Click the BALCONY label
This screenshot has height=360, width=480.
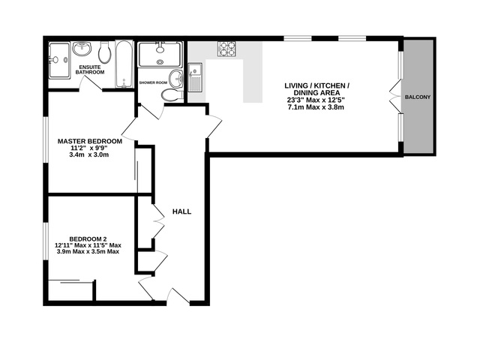coord(418,97)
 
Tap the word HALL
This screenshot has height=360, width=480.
coord(181,211)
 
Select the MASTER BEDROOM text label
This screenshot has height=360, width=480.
coord(91,141)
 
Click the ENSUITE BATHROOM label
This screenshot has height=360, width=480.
coord(91,70)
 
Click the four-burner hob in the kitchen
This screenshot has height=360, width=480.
coord(226,49)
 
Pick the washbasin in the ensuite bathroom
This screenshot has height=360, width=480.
coord(83,50)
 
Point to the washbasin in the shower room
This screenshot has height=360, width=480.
coord(175,78)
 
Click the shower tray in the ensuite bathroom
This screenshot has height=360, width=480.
coord(58,55)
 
